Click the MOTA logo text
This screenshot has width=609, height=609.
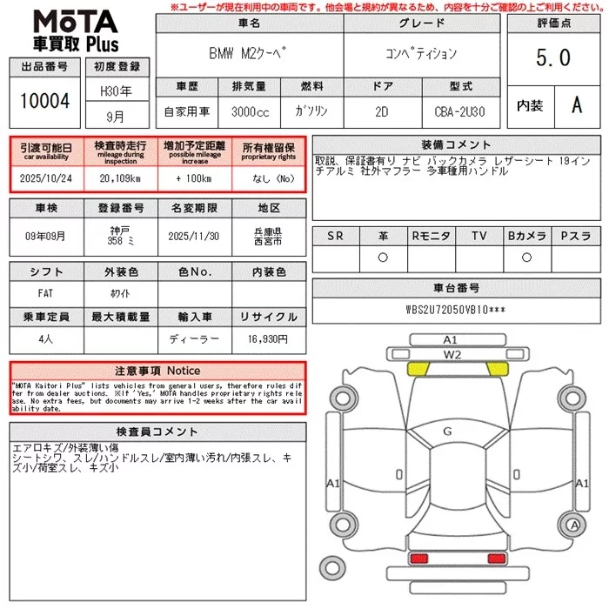pyautogui.click(x=74, y=20)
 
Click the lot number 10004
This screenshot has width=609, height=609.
pyautogui.click(x=44, y=101)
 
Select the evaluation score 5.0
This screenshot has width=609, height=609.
pyautogui.click(x=553, y=57)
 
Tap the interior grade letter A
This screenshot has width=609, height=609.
pyautogui.click(x=576, y=105)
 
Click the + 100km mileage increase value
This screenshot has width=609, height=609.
pyautogui.click(x=195, y=177)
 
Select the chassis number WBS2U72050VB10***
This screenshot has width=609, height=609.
pyautogui.click(x=455, y=309)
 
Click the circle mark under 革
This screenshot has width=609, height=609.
pyautogui.click(x=382, y=258)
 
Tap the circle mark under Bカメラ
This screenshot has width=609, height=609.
pyautogui.click(x=526, y=258)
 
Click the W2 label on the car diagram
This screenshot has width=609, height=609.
pyautogui.click(x=451, y=354)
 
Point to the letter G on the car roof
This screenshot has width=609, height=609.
pyautogui.click(x=447, y=431)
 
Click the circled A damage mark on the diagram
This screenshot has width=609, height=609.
pyautogui.click(x=574, y=525)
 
